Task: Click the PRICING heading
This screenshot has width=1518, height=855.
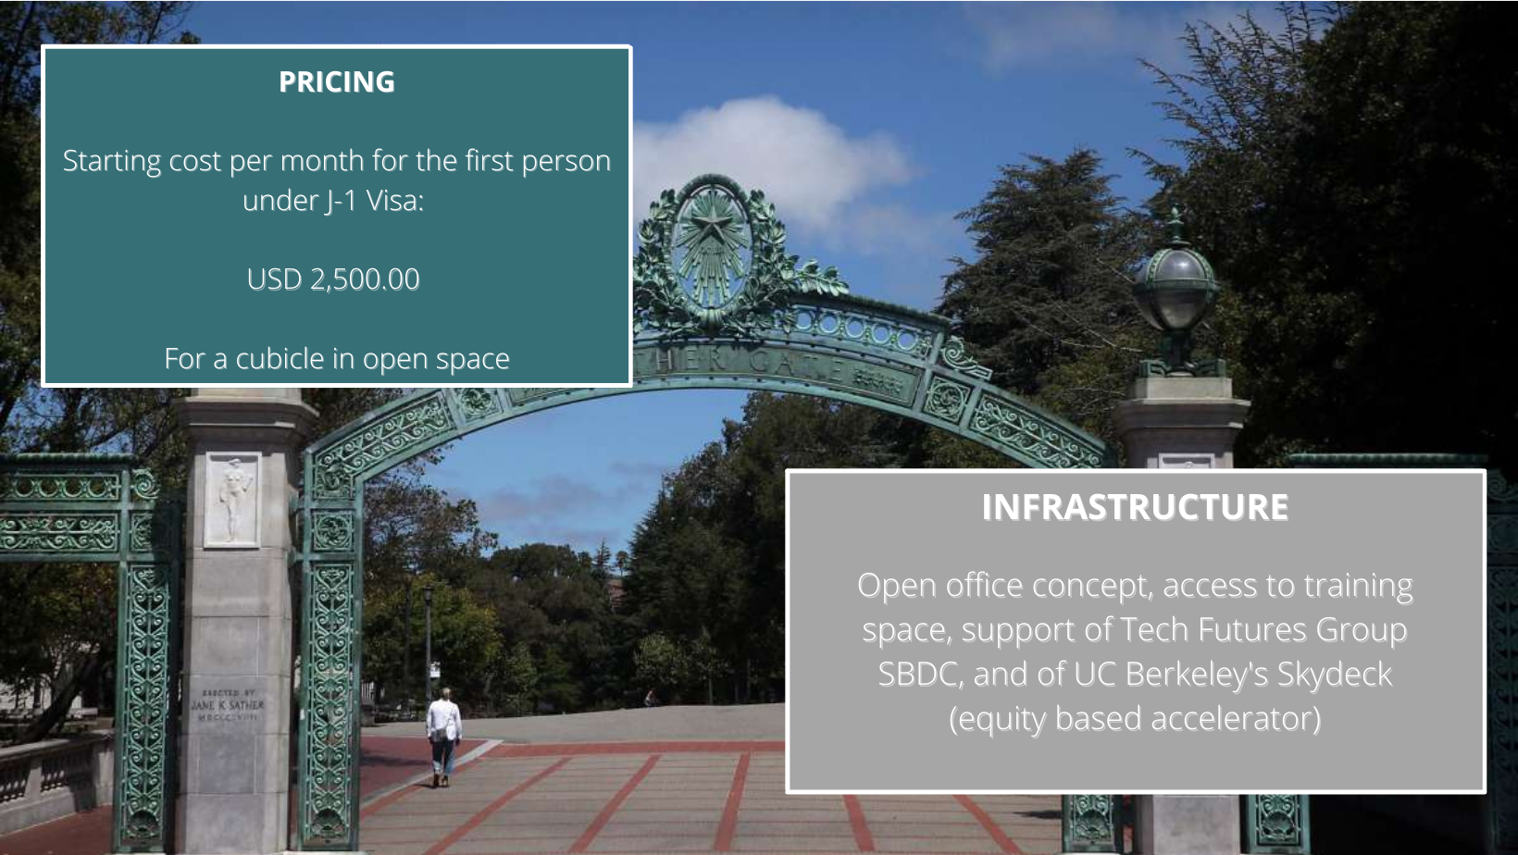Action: click(x=337, y=82)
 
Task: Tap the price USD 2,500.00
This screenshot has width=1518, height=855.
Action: click(x=332, y=279)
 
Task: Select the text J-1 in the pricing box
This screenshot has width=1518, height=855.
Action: click(x=341, y=201)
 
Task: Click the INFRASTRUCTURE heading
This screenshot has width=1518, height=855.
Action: click(x=1135, y=507)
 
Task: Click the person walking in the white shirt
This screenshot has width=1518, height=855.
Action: click(x=444, y=737)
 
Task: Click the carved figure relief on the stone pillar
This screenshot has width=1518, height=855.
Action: click(x=231, y=500)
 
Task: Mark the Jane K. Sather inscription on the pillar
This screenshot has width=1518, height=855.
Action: click(x=227, y=704)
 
